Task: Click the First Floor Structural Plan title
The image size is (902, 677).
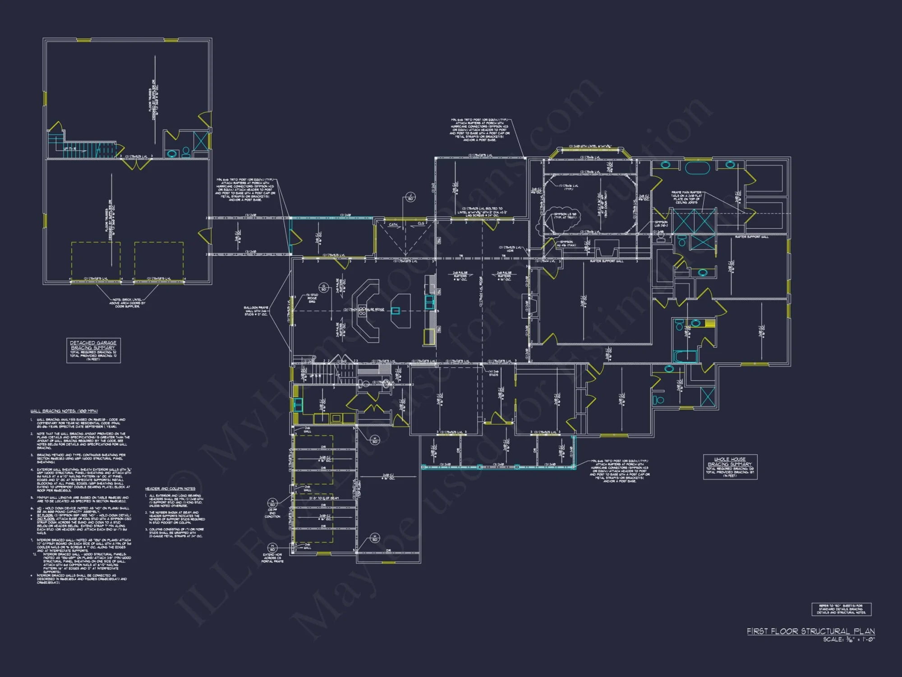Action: click(x=810, y=631)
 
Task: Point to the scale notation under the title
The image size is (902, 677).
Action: click(x=848, y=640)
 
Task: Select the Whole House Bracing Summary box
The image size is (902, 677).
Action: click(x=730, y=467)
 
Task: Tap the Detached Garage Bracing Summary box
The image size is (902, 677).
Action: click(x=93, y=350)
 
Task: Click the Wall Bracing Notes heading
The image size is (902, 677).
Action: click(x=64, y=411)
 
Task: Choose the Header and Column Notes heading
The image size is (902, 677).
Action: click(x=170, y=489)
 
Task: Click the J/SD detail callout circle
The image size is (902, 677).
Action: click(x=410, y=197)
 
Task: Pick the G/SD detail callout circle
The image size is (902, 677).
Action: click(x=323, y=287)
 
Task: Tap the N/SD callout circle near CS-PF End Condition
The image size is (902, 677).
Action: click(x=272, y=503)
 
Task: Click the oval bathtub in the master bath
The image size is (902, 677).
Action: click(x=698, y=168)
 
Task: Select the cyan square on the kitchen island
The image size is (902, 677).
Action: click(x=396, y=311)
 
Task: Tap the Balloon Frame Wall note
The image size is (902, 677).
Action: click(x=256, y=311)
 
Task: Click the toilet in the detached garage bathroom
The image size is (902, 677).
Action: click(x=185, y=152)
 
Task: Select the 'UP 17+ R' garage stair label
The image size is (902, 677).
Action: click(x=69, y=148)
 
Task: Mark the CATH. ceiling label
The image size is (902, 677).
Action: click(x=393, y=224)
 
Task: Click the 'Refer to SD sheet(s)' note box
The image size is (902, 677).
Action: click(x=841, y=609)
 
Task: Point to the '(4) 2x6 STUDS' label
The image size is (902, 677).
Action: click(x=493, y=373)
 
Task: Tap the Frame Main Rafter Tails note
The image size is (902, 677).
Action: click(x=686, y=197)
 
